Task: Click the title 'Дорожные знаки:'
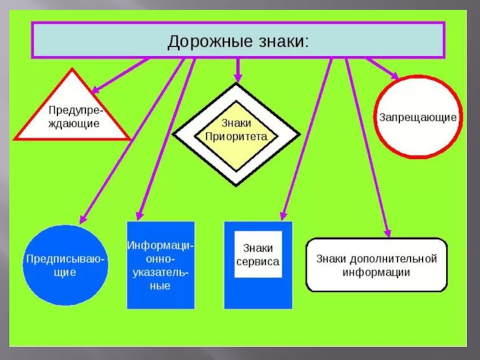(x=238, y=41)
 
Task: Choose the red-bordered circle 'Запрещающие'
(x=418, y=116)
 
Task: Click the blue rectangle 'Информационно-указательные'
(x=161, y=265)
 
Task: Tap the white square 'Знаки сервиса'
(x=258, y=255)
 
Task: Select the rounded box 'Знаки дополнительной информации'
(x=377, y=265)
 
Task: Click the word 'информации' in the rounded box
(x=377, y=272)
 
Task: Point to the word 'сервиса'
(x=258, y=262)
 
